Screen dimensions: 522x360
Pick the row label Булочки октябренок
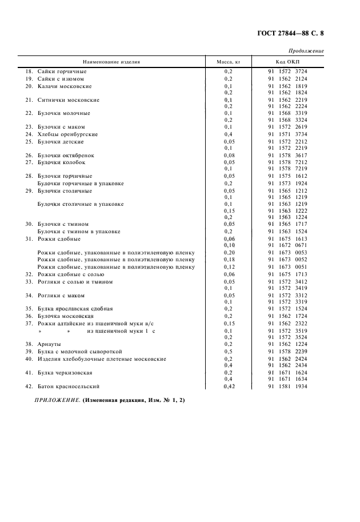(x=66, y=155)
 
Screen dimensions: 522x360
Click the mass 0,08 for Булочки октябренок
(x=229, y=155)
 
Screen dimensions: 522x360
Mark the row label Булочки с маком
(x=61, y=127)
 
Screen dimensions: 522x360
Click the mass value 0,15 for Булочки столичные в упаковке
(x=229, y=210)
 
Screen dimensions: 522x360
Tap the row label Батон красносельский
(x=69, y=386)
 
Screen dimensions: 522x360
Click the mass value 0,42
(x=229, y=386)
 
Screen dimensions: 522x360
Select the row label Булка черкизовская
(x=65, y=372)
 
